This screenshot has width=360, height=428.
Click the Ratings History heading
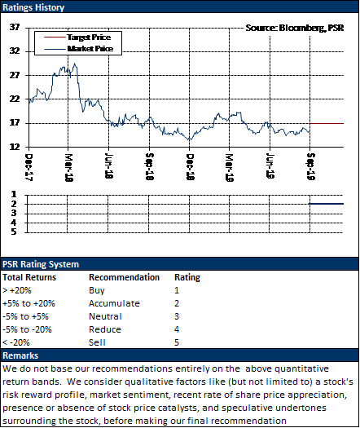33,7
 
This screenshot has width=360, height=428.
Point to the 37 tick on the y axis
15,27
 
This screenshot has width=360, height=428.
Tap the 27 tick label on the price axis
15,75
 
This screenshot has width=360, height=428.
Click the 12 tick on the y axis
15,147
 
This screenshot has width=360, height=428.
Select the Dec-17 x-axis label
29,167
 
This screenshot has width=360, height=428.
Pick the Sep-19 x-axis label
311,166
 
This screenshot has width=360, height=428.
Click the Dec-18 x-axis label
190,167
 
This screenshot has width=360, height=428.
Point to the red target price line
327,124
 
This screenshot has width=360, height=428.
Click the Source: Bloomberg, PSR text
295,28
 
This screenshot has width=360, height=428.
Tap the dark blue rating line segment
326,204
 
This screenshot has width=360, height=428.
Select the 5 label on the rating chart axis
14,232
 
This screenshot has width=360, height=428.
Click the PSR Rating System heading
41,264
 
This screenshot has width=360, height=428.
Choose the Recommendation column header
124,277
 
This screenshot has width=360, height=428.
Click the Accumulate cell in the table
114,303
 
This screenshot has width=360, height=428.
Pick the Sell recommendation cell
97,342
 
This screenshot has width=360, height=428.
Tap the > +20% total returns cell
17,290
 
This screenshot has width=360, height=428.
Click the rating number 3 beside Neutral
177,316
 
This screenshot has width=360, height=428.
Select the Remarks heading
20,355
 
